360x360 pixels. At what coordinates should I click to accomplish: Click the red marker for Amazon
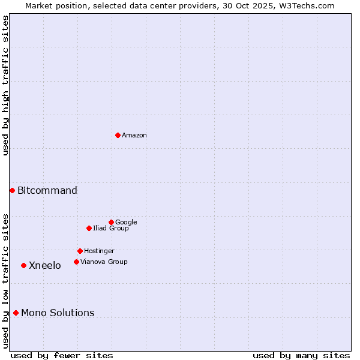[x=118, y=135]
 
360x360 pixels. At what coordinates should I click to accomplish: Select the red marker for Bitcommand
[x=12, y=190]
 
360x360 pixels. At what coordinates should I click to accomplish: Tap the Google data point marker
[x=111, y=222]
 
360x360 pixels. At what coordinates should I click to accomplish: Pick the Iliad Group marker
[x=89, y=228]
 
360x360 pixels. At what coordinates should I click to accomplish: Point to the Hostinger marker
[x=80, y=251]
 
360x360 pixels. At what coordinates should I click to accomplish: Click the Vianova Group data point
[x=76, y=262]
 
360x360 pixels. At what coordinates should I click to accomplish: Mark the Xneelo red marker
[x=23, y=265]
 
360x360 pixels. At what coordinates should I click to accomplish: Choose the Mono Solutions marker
[x=16, y=313]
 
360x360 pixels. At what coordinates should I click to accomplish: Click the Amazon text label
[x=134, y=136]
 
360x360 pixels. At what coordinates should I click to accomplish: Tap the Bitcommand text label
[x=47, y=191]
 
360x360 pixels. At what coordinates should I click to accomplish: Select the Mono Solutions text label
[x=58, y=313]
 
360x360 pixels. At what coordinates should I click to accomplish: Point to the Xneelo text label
[x=45, y=266]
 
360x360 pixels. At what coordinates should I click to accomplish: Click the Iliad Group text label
[x=111, y=229]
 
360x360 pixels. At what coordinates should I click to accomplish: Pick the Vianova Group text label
[x=104, y=262]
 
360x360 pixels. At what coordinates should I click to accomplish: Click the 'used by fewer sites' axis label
[x=62, y=355]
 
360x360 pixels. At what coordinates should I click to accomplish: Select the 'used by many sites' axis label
[x=301, y=355]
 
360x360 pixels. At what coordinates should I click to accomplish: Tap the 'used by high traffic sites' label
[x=5, y=86]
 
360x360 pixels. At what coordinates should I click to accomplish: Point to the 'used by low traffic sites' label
[x=5, y=280]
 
